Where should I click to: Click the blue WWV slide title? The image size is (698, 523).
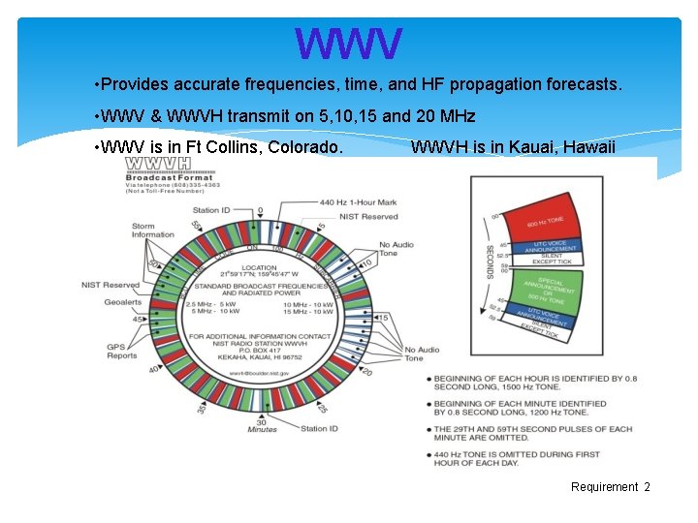pyautogui.click(x=348, y=43)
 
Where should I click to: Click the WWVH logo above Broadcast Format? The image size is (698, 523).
pyautogui.click(x=158, y=165)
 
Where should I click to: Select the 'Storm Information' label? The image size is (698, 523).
pyautogui.click(x=153, y=230)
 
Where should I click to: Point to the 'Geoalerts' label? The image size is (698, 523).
pyautogui.click(x=123, y=301)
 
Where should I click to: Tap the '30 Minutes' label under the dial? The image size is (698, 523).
pyautogui.click(x=262, y=427)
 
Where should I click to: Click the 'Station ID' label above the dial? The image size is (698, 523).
pyautogui.click(x=211, y=210)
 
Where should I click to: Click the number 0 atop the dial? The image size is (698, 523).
pyautogui.click(x=260, y=210)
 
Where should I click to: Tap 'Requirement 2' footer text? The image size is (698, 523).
pyautogui.click(x=611, y=487)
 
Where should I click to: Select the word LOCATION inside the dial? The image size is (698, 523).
pyautogui.click(x=260, y=268)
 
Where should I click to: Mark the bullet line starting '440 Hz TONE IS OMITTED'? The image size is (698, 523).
pyautogui.click(x=517, y=459)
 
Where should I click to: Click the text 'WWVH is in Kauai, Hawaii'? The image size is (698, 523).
pyautogui.click(x=513, y=147)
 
